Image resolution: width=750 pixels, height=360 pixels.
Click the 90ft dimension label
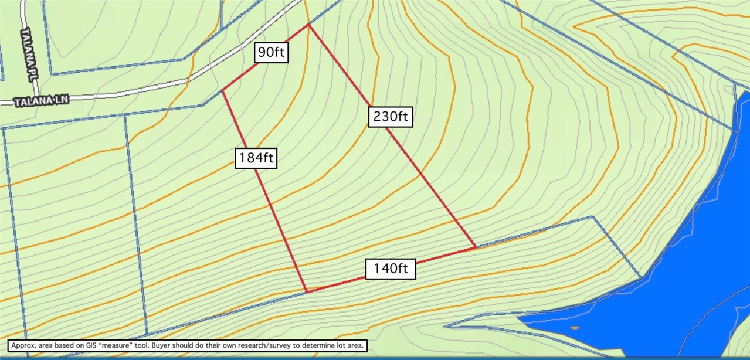click(272, 53)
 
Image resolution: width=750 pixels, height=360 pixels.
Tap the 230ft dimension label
click(390, 117)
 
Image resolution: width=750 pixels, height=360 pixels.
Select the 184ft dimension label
click(256, 158)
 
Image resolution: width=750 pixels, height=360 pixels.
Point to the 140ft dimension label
click(391, 269)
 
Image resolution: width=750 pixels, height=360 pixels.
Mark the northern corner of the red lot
click(308, 25)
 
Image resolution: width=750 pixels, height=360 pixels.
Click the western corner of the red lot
click(223, 90)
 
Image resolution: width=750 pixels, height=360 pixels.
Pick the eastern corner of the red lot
click(475, 247)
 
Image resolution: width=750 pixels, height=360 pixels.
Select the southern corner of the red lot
click(306, 291)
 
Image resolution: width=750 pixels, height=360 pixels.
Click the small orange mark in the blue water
click(574, 327)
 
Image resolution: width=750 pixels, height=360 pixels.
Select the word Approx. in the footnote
click(22, 346)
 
